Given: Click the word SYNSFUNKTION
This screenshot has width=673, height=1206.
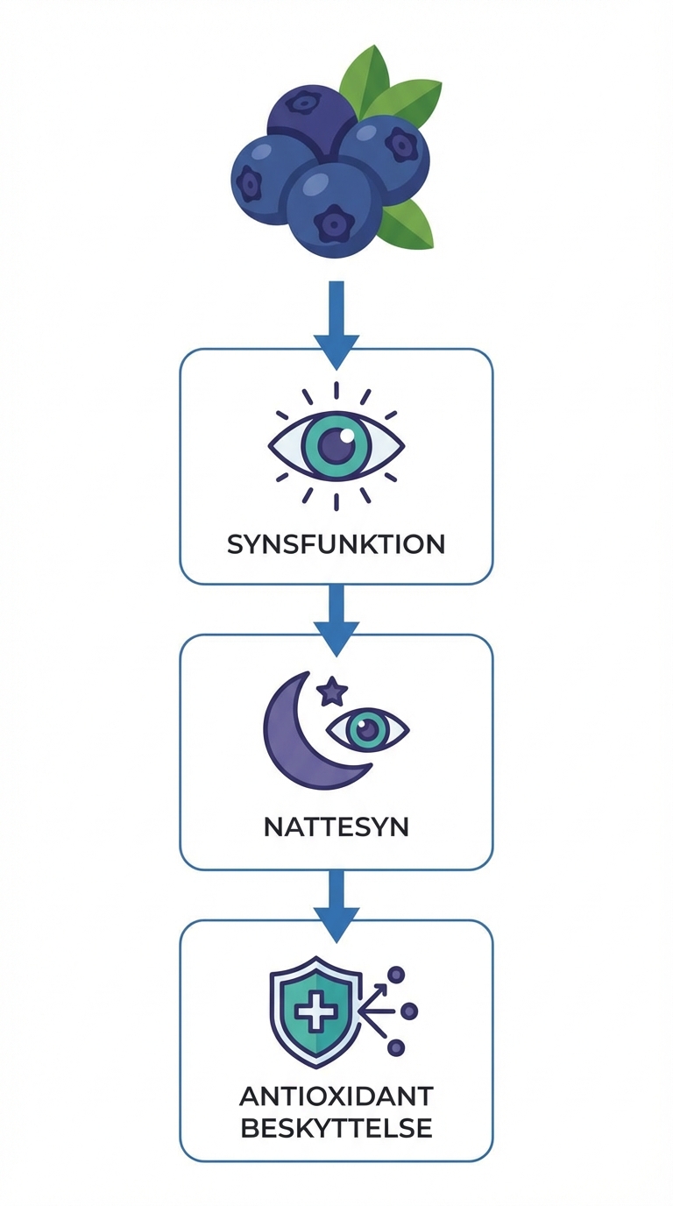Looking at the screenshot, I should click(x=336, y=544).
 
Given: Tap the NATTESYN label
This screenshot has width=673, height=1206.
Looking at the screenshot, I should click(x=336, y=826).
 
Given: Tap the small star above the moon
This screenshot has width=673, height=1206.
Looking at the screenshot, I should click(x=331, y=692).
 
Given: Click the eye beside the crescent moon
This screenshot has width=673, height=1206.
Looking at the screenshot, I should click(x=368, y=728).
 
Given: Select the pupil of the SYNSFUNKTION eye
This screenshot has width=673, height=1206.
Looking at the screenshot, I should click(x=336, y=445).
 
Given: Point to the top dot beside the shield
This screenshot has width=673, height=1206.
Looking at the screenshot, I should click(x=396, y=975).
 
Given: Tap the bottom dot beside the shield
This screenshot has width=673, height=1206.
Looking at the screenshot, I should click(x=396, y=1047).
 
